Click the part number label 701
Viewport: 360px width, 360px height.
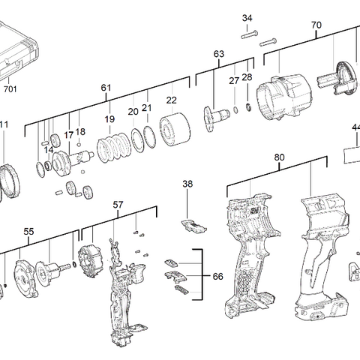click(x=10, y=88)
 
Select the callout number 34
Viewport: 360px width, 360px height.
click(x=247, y=18)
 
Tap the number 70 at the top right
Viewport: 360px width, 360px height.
click(x=316, y=25)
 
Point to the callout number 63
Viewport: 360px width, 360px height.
click(x=219, y=54)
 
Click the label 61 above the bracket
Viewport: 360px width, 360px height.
click(x=106, y=88)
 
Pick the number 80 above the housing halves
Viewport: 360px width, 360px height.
click(x=279, y=157)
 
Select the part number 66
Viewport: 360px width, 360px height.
click(x=217, y=277)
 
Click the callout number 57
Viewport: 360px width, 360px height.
click(x=118, y=204)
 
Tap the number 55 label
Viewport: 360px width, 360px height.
click(x=28, y=232)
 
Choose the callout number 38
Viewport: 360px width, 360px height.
click(x=187, y=184)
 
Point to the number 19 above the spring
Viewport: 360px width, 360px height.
click(x=109, y=119)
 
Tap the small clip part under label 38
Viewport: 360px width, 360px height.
click(x=193, y=223)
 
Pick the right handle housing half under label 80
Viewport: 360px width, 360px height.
click(x=319, y=255)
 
